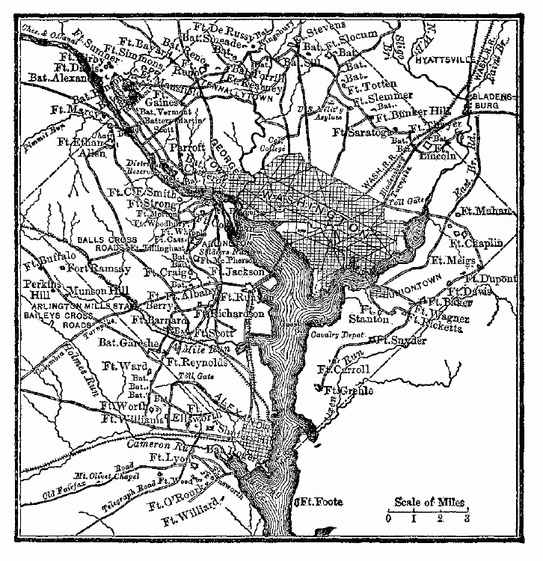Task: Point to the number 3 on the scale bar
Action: (x=467, y=517)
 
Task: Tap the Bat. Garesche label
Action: (x=129, y=343)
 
